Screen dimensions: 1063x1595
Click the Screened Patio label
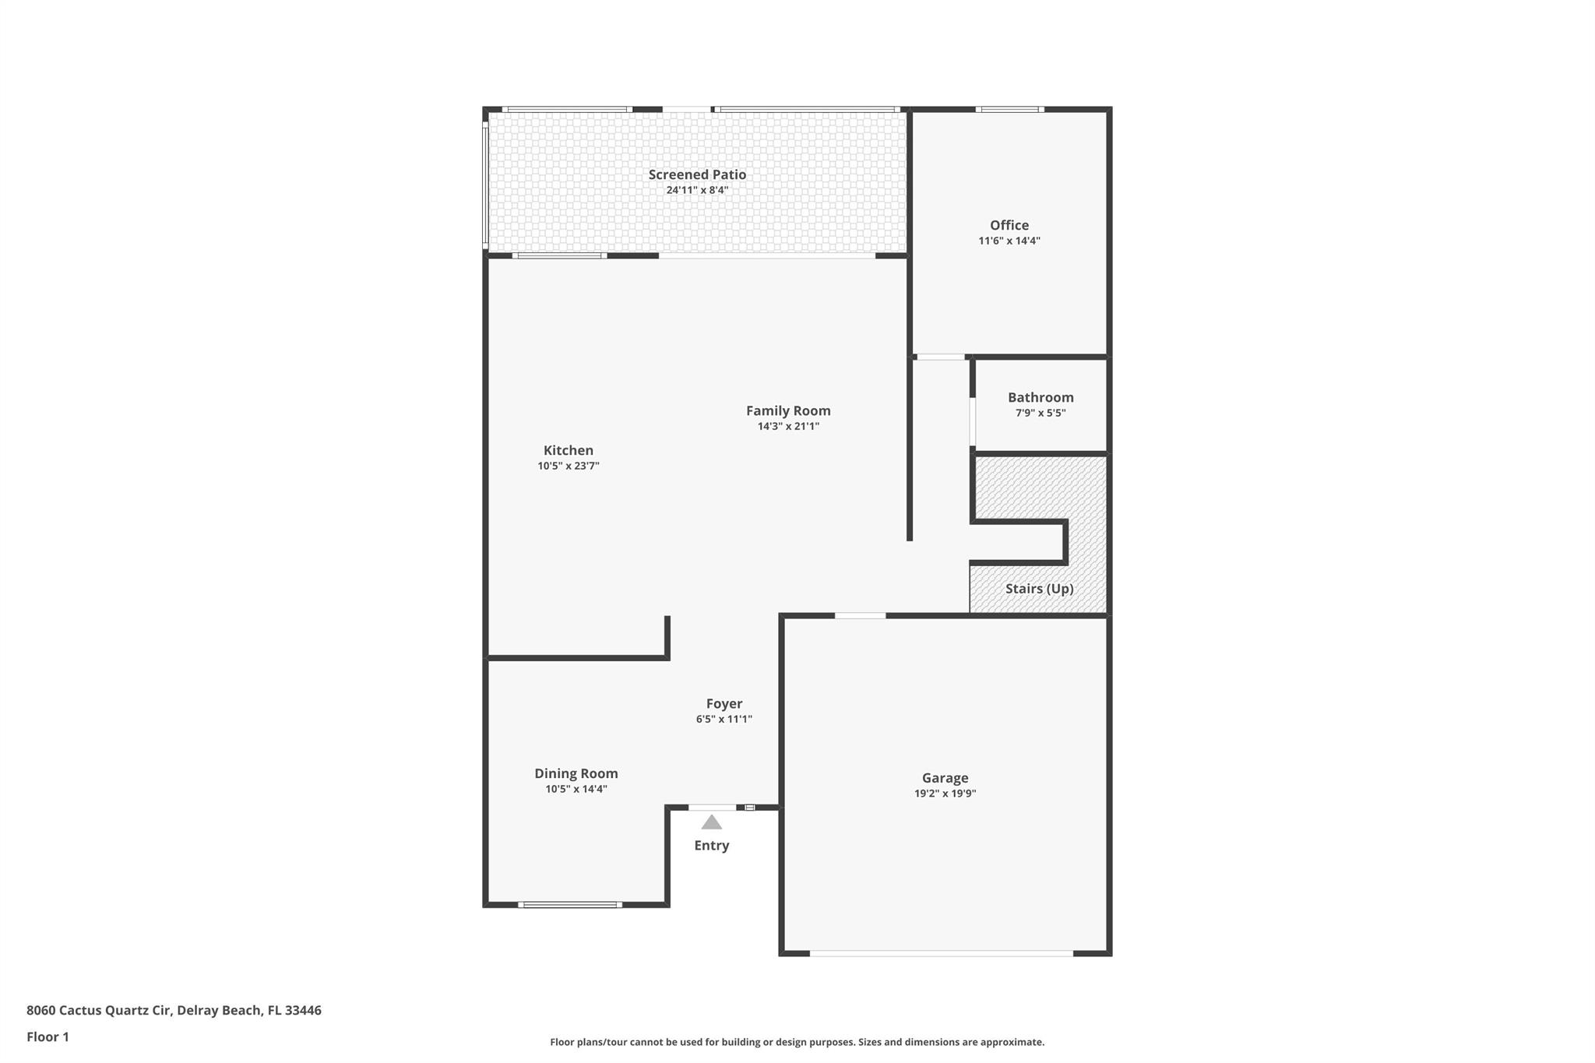point(697,174)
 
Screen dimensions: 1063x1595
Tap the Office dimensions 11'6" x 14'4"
point(1009,241)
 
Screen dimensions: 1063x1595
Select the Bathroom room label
point(1040,397)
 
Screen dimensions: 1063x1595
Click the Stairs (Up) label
point(1039,589)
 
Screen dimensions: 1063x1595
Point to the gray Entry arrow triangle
point(711,823)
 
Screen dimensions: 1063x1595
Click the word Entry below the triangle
point(711,846)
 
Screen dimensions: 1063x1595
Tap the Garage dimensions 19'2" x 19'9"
point(945,794)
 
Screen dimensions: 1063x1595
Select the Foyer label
point(724,703)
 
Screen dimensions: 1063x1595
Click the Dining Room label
point(576,773)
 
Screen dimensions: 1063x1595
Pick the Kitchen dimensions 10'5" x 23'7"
point(568,466)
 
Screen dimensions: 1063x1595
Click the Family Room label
point(788,410)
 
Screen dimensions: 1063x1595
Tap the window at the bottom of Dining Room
point(570,904)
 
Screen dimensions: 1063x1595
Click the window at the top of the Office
point(1009,109)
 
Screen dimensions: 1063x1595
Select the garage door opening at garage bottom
point(941,953)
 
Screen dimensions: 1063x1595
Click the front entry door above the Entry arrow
point(712,807)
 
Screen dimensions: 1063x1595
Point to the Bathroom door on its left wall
point(972,421)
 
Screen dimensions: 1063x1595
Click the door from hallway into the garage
point(860,615)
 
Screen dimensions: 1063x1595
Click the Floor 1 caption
point(48,1037)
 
